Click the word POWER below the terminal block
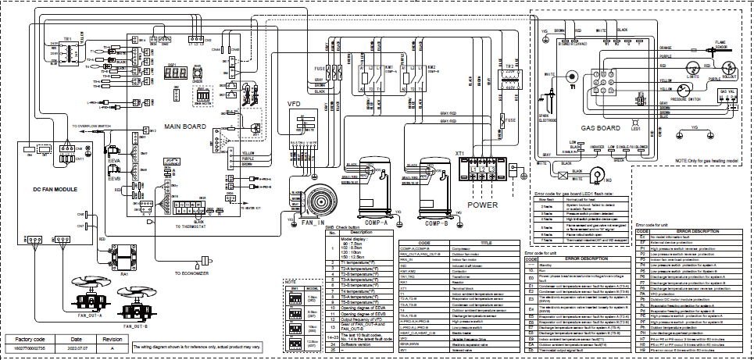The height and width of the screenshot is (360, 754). (482, 205)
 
